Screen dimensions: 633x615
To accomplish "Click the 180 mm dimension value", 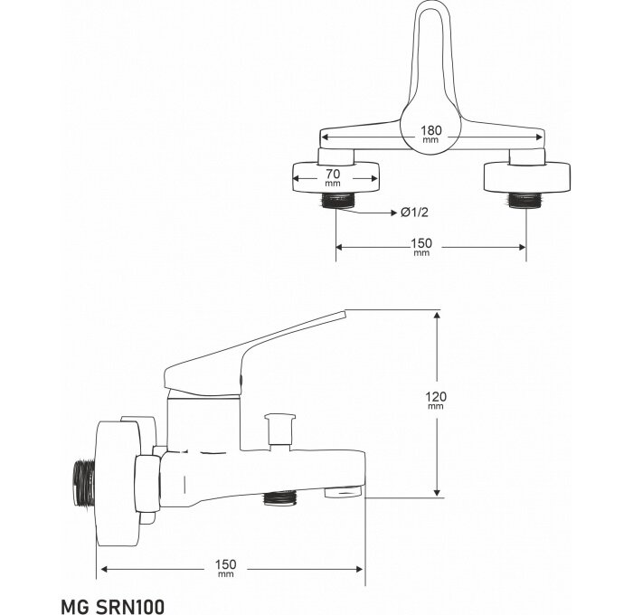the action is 431,134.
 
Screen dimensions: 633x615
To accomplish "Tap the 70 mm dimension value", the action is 333,177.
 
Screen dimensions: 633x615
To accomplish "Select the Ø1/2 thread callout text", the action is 414,213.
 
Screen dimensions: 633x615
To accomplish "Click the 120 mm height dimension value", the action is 436,400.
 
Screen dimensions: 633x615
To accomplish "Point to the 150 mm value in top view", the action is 421,247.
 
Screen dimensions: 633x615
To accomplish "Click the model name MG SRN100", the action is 113,607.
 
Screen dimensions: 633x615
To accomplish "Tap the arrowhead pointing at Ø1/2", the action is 394,213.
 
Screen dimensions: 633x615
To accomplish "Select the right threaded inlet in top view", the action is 524,200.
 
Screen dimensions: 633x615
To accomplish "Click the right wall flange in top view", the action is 527,177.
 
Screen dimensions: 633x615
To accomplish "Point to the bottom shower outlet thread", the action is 280,498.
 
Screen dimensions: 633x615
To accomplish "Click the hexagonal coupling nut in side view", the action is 147,483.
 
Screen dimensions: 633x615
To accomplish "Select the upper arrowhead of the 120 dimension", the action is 437,315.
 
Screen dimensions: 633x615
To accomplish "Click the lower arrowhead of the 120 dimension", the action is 437,492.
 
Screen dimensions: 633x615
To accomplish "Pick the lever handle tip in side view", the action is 346,313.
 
